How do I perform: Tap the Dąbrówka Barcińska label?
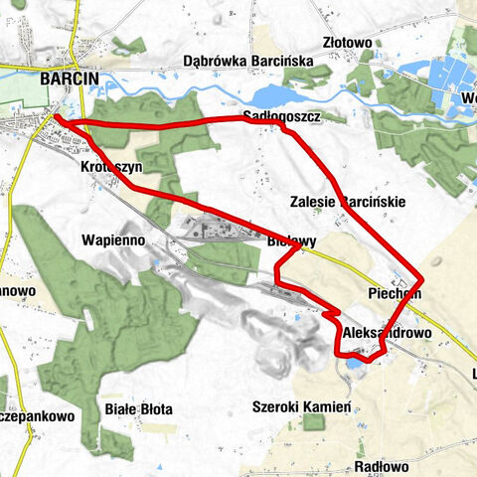pos(248,62)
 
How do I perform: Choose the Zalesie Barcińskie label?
pos(347,201)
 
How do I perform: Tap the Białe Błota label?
pos(138,408)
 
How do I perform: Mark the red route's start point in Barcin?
pos(55,118)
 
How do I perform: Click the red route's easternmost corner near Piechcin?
pos(422,278)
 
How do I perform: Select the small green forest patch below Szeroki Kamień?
pos(314,423)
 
